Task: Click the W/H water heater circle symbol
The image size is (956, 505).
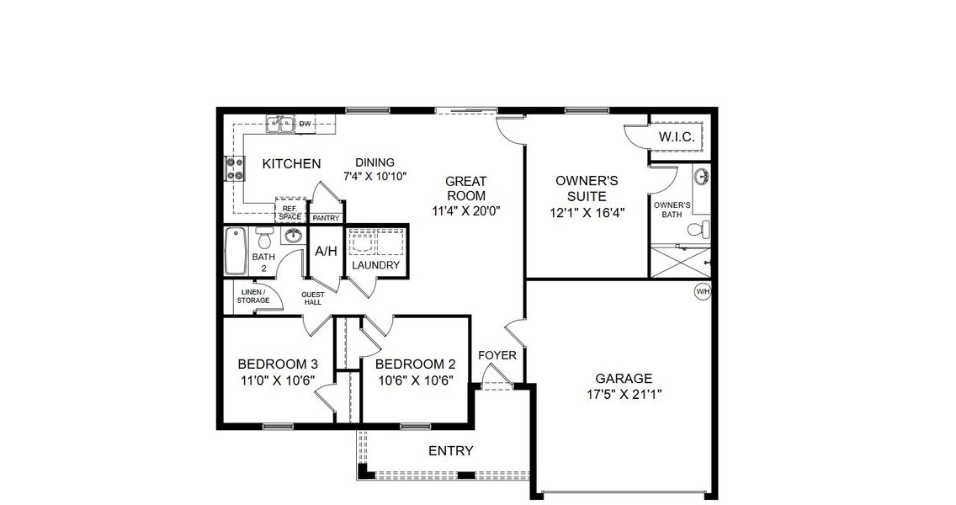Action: tap(702, 291)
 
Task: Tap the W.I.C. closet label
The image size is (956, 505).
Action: tap(675, 136)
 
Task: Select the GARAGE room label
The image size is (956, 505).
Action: tap(624, 379)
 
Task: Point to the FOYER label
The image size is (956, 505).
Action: tap(497, 355)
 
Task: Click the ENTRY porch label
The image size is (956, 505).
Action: tap(451, 451)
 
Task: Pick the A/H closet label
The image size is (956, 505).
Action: tap(325, 252)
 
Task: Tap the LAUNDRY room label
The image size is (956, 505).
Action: tap(375, 265)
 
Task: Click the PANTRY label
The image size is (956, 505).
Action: tap(326, 219)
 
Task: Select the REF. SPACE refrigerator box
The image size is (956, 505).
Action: tap(290, 211)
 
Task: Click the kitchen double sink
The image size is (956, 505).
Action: tap(281, 125)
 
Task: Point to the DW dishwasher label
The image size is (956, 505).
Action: tap(305, 125)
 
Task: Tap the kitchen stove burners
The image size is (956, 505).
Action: tap(233, 170)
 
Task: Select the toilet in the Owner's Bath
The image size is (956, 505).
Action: tap(698, 229)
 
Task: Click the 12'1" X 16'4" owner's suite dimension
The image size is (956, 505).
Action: tap(587, 213)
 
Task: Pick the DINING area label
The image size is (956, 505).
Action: tap(374, 163)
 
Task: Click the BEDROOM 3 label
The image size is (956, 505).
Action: tap(278, 364)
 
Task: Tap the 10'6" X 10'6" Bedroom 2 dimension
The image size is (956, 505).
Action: tap(415, 380)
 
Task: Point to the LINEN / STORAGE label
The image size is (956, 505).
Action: tap(253, 295)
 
